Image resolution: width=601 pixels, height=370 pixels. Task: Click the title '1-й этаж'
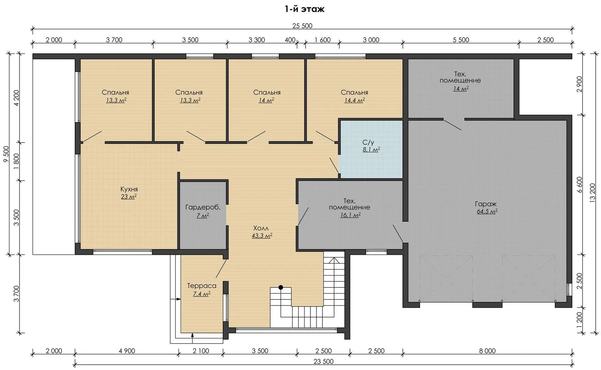(x=304, y=9)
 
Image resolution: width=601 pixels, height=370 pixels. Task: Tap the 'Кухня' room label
(x=129, y=189)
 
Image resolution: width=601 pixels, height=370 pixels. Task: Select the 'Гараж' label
(x=486, y=204)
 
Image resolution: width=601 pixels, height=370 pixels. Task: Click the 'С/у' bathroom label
(x=368, y=143)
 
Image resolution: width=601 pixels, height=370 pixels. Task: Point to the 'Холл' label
(x=261, y=228)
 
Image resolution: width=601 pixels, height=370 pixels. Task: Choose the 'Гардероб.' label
(x=203, y=207)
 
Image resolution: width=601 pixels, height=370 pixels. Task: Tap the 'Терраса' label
(x=201, y=286)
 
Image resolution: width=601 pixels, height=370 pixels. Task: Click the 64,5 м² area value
(x=487, y=211)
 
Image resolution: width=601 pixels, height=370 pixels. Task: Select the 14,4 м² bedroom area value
(x=354, y=100)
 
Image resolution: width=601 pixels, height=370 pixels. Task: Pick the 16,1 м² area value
(x=350, y=215)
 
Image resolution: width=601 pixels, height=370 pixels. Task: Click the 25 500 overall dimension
(x=302, y=26)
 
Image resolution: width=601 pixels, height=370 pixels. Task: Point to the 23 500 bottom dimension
(x=323, y=361)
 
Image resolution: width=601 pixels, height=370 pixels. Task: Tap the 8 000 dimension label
(x=487, y=351)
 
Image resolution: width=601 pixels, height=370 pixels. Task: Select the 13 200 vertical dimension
(x=593, y=193)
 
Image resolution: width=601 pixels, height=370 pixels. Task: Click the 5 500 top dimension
(x=461, y=40)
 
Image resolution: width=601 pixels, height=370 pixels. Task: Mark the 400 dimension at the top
(x=290, y=40)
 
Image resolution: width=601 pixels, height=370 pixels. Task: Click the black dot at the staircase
(x=281, y=287)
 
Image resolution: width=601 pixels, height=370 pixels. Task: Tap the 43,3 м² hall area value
(x=262, y=236)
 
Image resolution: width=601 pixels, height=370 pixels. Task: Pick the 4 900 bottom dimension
(x=127, y=351)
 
